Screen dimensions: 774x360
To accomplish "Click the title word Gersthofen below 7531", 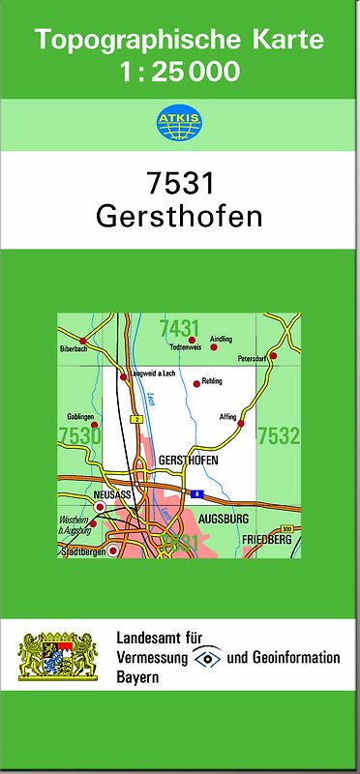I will pos(179,216).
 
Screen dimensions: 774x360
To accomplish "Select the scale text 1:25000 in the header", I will pos(180,72).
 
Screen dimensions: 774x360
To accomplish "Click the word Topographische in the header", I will pos(132,42).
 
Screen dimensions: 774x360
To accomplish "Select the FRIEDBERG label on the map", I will pos(266,537).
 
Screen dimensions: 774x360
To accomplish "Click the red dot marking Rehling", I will pos(197,382).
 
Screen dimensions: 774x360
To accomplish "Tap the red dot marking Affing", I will pos(241,423).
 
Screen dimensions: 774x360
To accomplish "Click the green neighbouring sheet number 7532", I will pos(278,436).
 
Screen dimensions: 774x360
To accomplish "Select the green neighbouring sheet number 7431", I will pos(180,327).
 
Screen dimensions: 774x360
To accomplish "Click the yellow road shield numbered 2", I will pos(137,418).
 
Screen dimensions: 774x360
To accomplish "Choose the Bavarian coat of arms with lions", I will pos(59,657).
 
